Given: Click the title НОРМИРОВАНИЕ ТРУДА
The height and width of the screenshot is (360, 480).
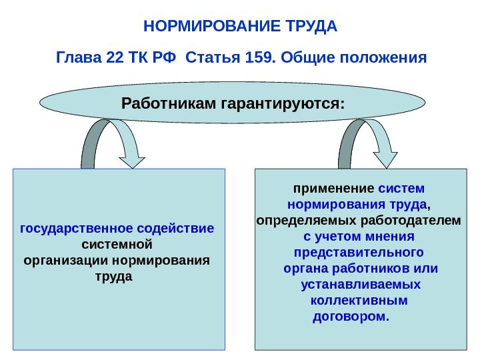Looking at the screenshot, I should pos(241,27).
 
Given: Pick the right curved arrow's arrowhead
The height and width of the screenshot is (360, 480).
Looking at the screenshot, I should pos(385,159).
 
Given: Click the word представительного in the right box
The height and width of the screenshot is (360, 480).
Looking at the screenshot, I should pos(359,253).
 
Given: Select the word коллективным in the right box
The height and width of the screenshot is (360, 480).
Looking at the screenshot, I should pos(359,301).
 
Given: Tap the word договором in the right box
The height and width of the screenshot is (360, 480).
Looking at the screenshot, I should pos(350,316).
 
